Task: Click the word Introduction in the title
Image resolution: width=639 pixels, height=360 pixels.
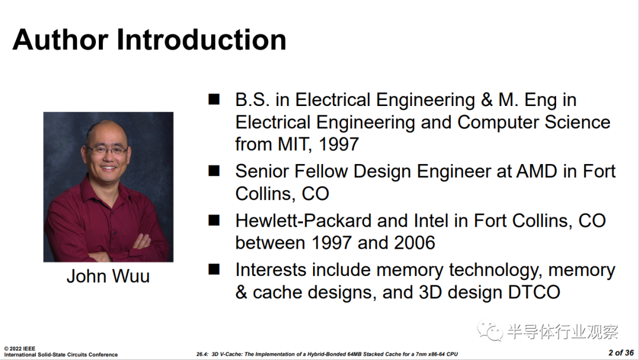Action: point(201,40)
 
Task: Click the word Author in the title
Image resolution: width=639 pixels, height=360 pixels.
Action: point(60,40)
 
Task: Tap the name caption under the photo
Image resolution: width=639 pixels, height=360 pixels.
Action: point(108,276)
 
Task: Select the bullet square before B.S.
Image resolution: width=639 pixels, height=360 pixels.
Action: point(214,99)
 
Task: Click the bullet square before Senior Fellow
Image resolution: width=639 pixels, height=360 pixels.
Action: point(214,171)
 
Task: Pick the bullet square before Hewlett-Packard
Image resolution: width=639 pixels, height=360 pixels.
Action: point(214,220)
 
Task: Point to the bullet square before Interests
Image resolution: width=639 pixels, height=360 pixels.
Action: point(214,269)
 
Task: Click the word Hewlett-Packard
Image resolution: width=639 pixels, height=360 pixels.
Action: point(303,221)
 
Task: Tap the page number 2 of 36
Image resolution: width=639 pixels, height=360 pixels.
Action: point(621,353)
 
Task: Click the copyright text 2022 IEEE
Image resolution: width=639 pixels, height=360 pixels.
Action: point(20,349)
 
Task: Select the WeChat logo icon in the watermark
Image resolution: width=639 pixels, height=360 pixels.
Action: point(490,330)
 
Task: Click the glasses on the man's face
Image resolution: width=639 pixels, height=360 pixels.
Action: point(106,150)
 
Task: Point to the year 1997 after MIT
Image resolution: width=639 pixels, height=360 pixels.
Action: point(338,144)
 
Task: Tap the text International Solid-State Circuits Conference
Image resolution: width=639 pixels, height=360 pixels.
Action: point(61,355)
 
